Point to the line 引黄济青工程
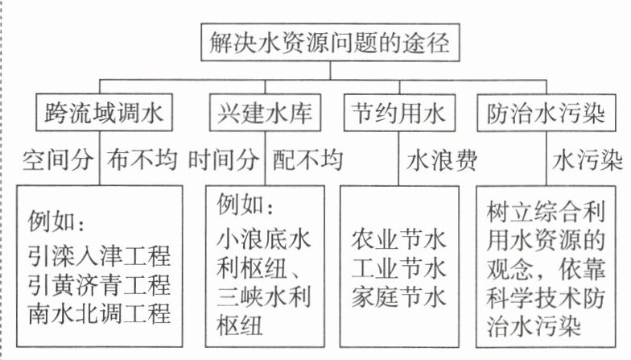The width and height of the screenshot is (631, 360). coord(99,284)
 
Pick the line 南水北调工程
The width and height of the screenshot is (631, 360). coord(99,310)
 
